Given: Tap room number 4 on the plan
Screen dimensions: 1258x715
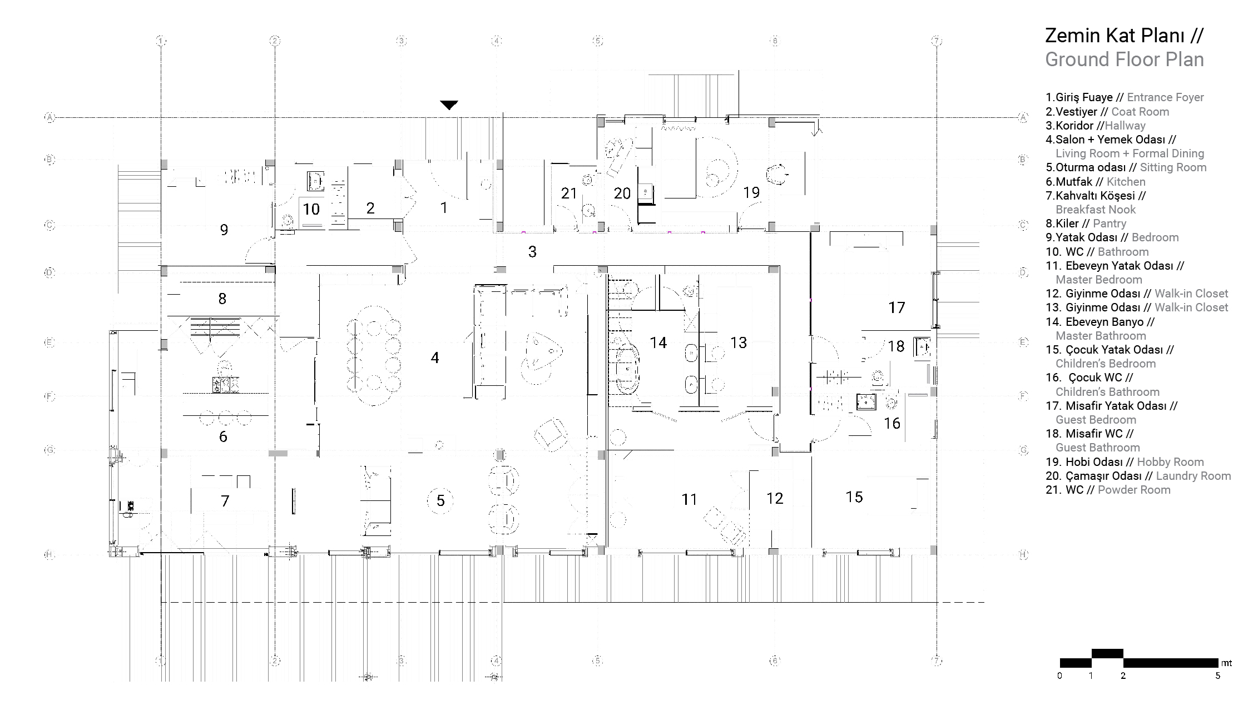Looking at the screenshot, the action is (x=435, y=357).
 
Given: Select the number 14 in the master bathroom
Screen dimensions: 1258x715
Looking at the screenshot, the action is (x=658, y=342).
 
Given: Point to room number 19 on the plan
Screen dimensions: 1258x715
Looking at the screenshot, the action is (x=751, y=192).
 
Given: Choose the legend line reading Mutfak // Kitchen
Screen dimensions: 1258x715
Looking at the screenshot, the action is (x=1095, y=182).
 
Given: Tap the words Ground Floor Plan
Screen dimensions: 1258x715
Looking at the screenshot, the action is (x=1124, y=59).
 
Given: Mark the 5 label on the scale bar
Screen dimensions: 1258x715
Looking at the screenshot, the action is (x=1217, y=676).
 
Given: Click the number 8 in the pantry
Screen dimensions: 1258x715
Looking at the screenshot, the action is (x=222, y=299).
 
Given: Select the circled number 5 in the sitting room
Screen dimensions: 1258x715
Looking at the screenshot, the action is (x=440, y=501).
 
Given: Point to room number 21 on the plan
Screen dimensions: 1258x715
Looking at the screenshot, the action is (x=569, y=193).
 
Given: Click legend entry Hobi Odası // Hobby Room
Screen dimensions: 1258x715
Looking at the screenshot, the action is (x=1125, y=462).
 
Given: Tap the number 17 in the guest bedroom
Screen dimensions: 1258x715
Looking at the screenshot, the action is (x=897, y=307).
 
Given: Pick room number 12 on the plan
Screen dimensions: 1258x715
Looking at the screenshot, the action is (x=775, y=498).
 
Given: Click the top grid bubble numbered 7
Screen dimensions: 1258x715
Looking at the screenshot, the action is (x=937, y=41).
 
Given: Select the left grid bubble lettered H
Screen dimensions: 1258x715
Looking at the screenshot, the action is (x=49, y=554).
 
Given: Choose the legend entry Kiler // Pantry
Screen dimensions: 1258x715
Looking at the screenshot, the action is (x=1086, y=224).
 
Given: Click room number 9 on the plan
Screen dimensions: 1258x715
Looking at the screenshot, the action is (x=224, y=230).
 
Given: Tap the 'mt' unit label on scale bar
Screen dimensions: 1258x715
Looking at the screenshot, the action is (x=1226, y=663).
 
